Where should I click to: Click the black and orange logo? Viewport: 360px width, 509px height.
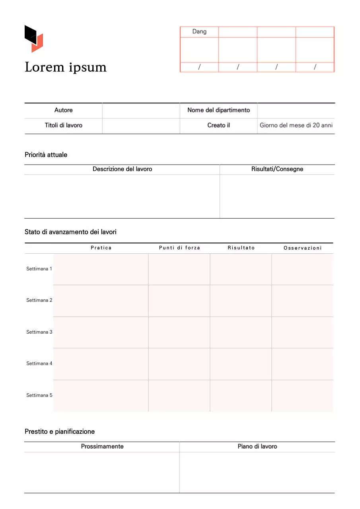point(34,39)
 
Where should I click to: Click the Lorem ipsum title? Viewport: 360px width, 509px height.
point(66,67)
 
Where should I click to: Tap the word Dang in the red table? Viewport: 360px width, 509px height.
point(199,31)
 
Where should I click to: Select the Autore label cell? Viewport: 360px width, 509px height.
point(64,110)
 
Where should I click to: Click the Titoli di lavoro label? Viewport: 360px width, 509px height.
point(64,125)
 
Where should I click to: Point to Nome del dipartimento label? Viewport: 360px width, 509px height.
point(219,110)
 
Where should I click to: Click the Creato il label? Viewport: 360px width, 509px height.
point(219,125)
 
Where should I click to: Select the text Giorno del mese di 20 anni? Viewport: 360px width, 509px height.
point(296,125)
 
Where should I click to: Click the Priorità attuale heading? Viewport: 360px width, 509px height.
point(46,155)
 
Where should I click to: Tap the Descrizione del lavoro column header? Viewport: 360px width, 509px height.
point(122,169)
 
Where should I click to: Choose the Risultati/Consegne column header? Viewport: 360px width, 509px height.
point(277,169)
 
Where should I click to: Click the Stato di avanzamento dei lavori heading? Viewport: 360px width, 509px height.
point(70,231)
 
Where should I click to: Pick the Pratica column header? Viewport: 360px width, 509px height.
point(101,248)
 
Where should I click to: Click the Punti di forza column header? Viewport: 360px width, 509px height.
point(179,248)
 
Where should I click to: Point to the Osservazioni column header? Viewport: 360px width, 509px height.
point(302,248)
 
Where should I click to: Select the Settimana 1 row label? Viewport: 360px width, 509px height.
point(39,269)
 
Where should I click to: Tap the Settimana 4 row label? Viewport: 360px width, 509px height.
point(39,363)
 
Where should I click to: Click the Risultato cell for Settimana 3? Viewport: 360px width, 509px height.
point(241,332)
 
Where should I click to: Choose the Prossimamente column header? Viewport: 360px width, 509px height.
point(102,447)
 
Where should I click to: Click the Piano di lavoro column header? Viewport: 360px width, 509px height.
point(257,447)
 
